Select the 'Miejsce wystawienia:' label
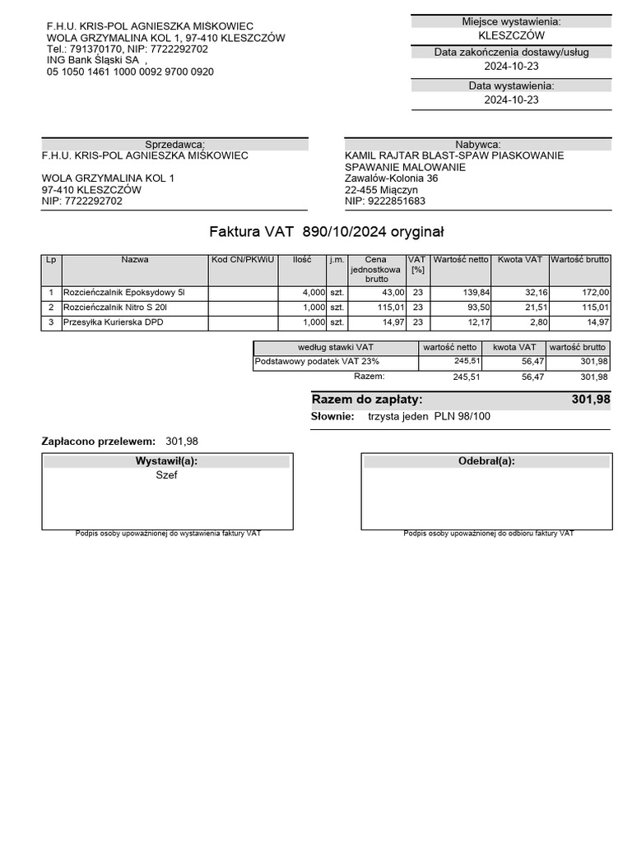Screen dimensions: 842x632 (x=511, y=21)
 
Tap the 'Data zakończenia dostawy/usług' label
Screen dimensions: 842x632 (x=511, y=53)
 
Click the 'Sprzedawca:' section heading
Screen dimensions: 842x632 (x=174, y=144)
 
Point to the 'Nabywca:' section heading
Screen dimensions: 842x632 (x=477, y=144)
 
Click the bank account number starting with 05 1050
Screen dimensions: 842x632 (x=130, y=72)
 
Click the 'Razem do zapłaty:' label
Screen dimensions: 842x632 (x=367, y=400)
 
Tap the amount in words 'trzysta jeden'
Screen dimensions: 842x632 (x=397, y=416)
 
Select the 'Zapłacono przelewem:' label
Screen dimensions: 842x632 (x=98, y=441)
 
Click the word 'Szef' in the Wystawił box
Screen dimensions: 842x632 (x=166, y=475)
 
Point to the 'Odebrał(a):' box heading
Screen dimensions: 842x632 (x=486, y=461)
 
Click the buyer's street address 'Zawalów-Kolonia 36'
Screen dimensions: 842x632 (x=391, y=178)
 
